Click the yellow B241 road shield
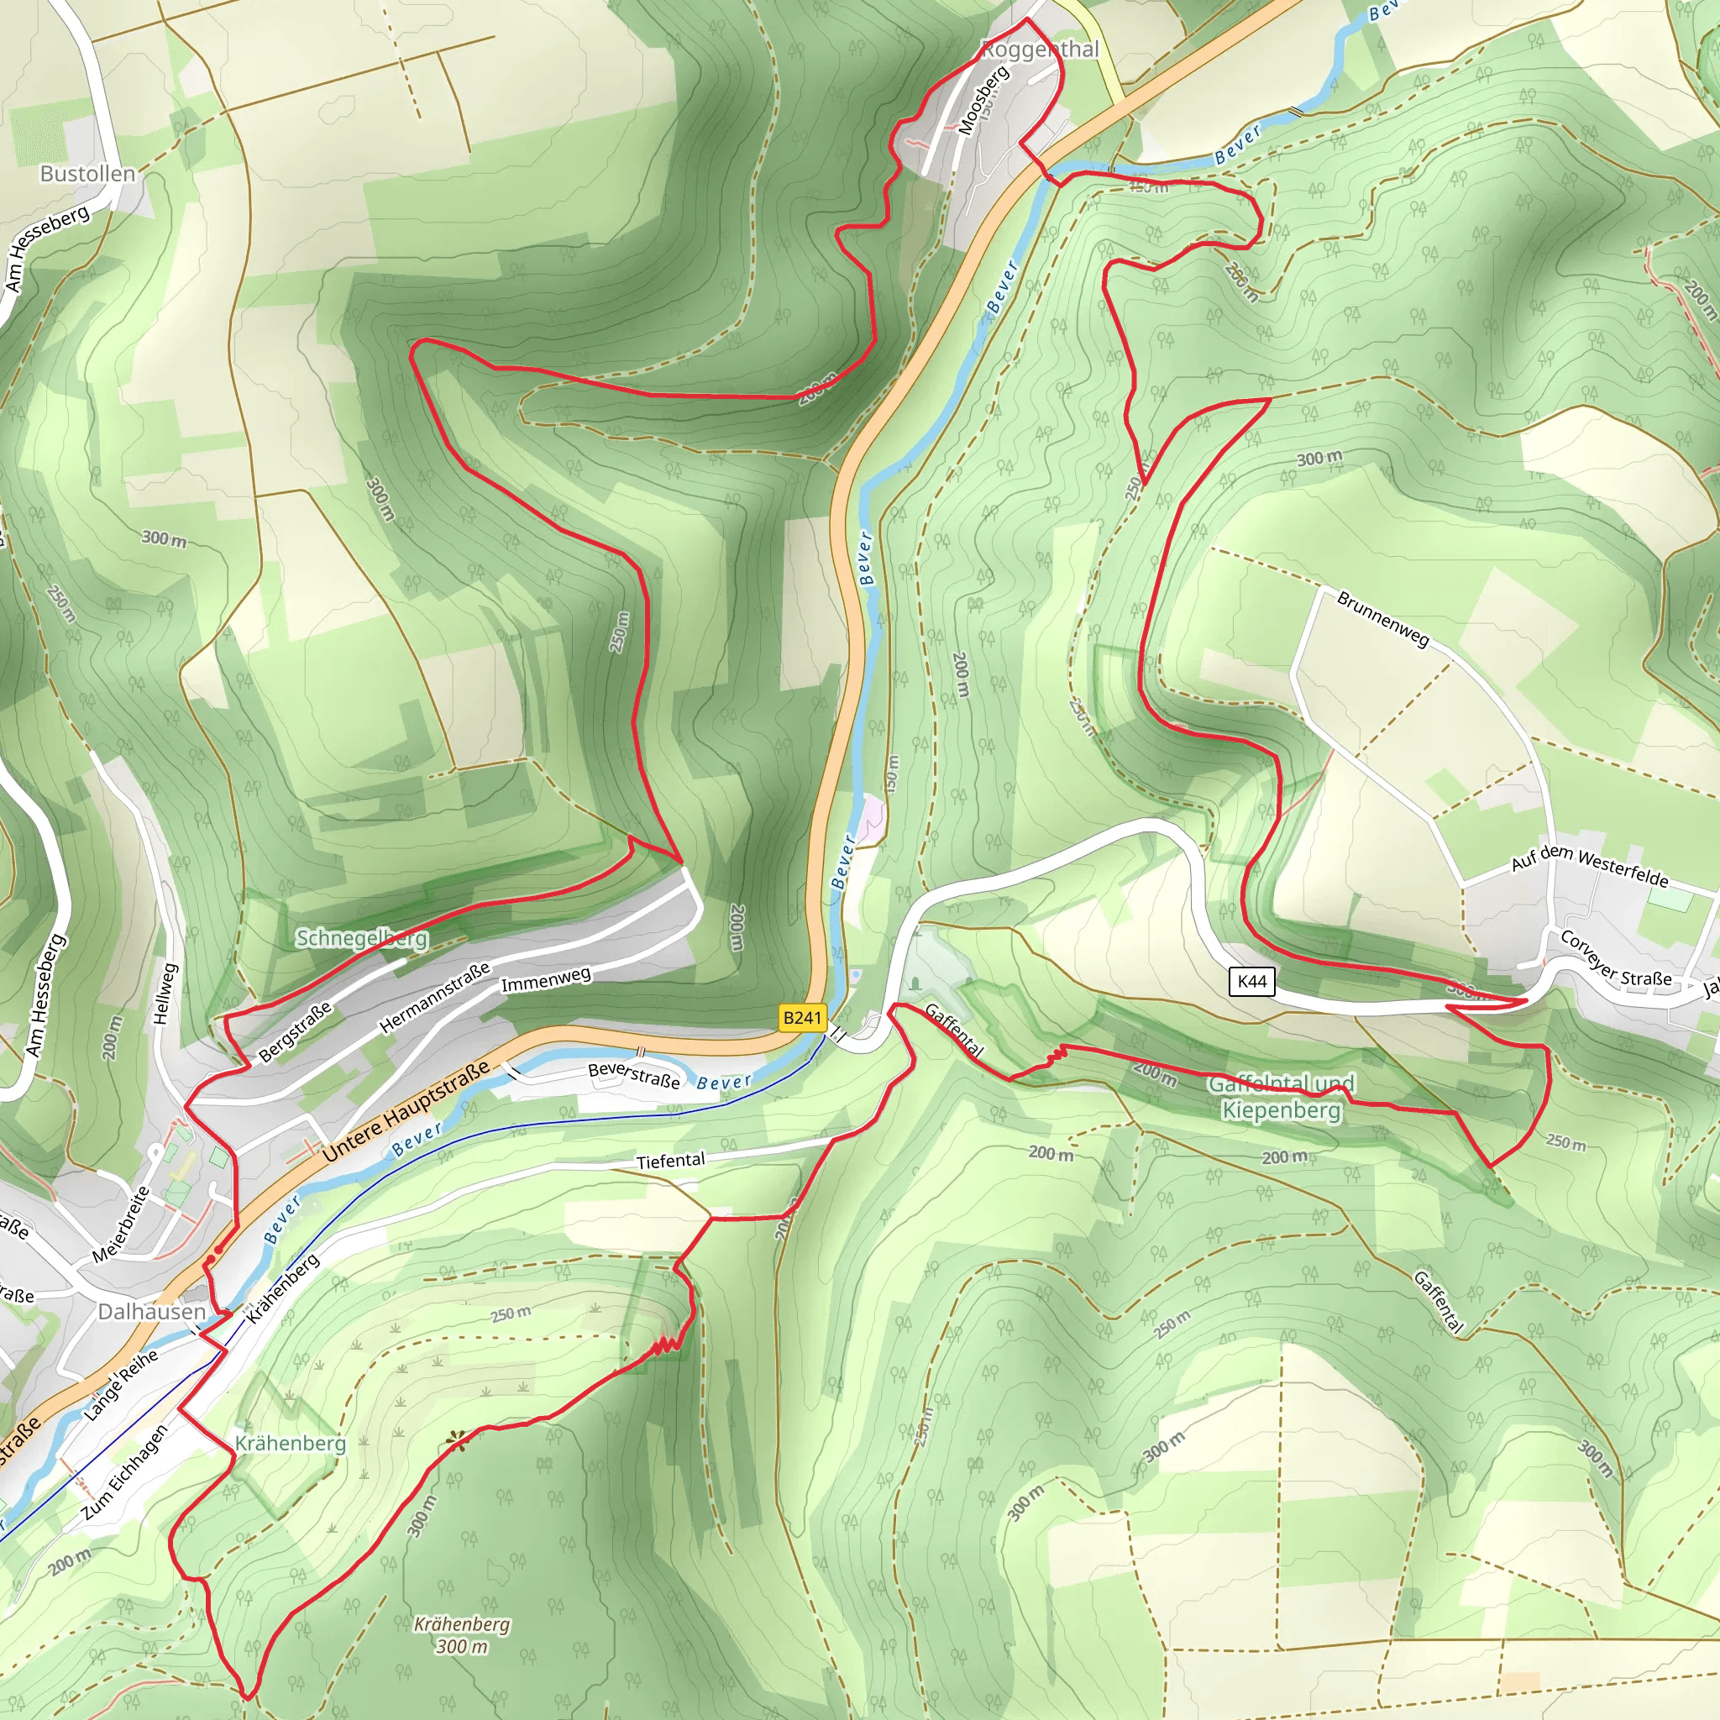(801, 1018)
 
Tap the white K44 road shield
(1251, 981)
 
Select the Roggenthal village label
(1040, 50)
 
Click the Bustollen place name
(87, 174)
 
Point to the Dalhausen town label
(151, 1311)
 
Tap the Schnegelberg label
(361, 938)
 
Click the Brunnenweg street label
(1382, 619)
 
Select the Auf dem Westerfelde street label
(1589, 865)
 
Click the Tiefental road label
(670, 1161)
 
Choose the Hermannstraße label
(434, 998)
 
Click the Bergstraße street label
(295, 1032)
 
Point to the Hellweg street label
(166, 994)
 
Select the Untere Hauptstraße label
(406, 1111)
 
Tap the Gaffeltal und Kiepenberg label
(1281, 1097)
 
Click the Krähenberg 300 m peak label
(462, 1634)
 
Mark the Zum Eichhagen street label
(123, 1472)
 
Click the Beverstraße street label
(634, 1076)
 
